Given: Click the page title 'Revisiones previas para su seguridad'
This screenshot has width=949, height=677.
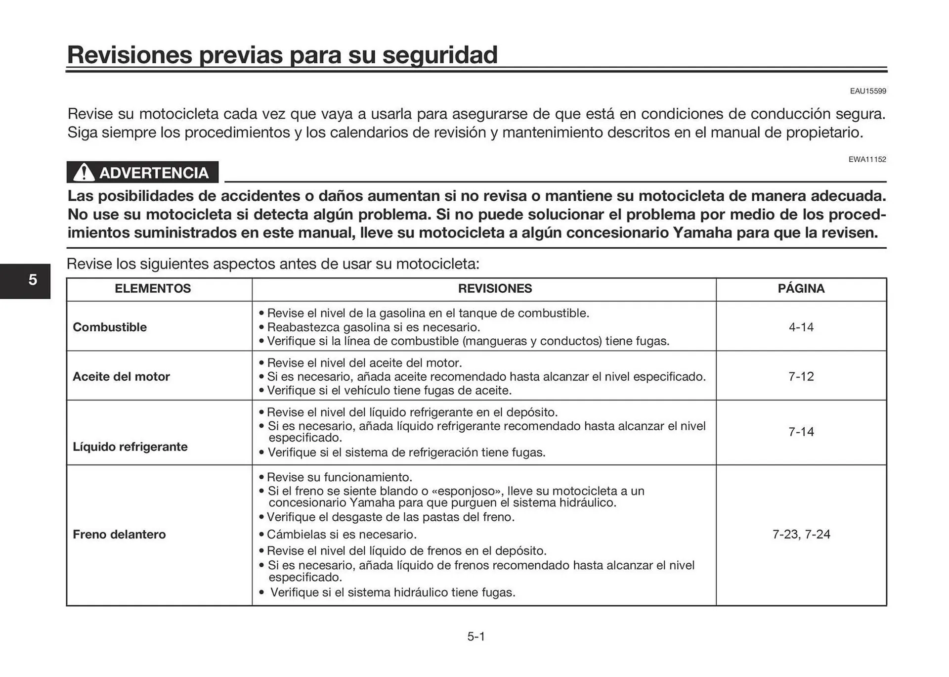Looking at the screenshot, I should (x=282, y=54).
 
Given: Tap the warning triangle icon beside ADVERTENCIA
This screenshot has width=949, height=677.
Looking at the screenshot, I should (x=84, y=173).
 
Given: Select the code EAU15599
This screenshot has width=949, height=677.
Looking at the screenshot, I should (x=867, y=91).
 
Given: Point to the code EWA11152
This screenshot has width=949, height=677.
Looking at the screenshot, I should (x=867, y=159).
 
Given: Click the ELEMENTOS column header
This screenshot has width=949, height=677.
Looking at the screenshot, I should (x=153, y=289).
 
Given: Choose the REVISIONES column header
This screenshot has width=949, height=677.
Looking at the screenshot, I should (x=495, y=289).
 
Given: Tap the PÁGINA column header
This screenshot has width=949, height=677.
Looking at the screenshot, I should (x=801, y=289).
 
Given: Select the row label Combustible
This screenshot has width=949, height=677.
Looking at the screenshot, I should (x=110, y=327).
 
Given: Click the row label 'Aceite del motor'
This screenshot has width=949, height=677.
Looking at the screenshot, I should (x=121, y=377).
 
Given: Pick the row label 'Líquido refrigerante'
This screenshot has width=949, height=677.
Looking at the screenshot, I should (x=130, y=447).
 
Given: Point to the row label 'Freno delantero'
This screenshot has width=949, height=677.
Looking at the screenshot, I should (x=119, y=535).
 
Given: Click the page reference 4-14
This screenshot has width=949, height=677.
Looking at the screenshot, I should (x=801, y=327).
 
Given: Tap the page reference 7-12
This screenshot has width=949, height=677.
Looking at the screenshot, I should (x=801, y=377).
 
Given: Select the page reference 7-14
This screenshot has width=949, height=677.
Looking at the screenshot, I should (x=801, y=432).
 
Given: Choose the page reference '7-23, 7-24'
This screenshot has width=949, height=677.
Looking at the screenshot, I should (x=801, y=535).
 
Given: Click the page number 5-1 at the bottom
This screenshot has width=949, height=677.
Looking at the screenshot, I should (x=476, y=637).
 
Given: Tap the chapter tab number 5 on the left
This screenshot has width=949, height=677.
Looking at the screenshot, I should (x=33, y=280).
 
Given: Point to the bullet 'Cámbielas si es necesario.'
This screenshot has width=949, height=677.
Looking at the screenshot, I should (x=341, y=535).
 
